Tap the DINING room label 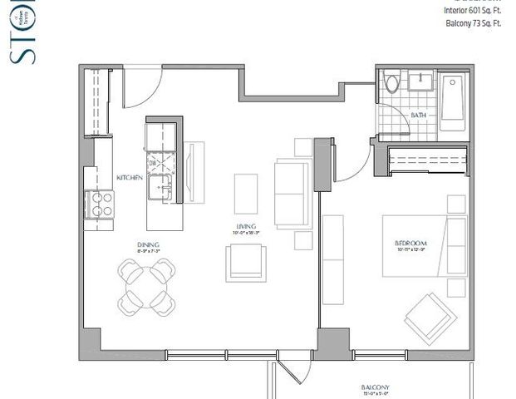148,244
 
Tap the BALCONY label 377,388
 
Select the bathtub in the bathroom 454,101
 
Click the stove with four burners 101,204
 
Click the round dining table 146,283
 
